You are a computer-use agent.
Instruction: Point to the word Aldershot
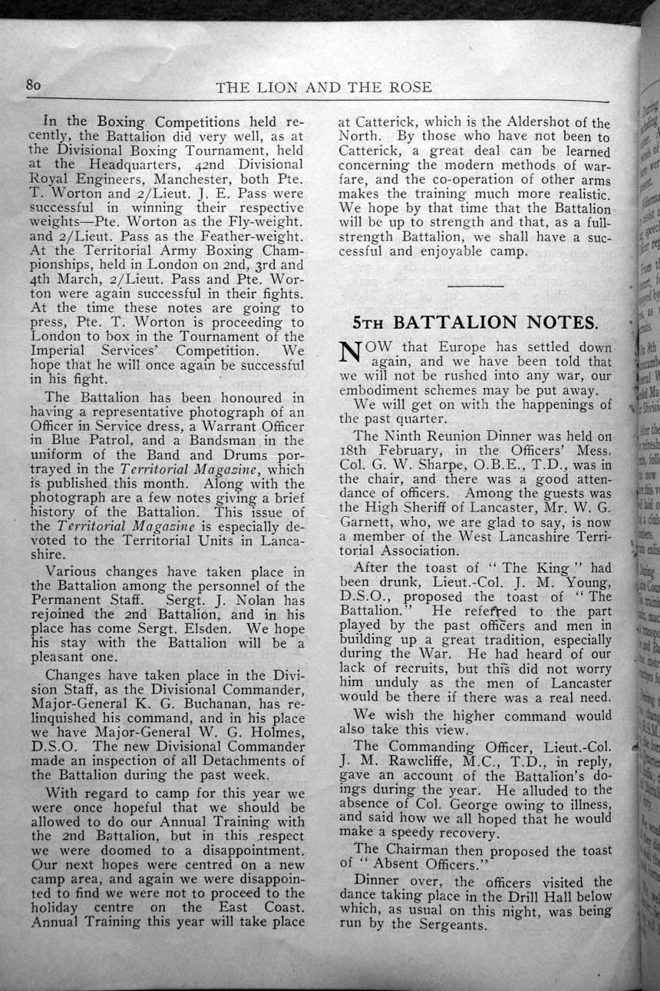click(x=526, y=124)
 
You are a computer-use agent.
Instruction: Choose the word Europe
click(x=454, y=347)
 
